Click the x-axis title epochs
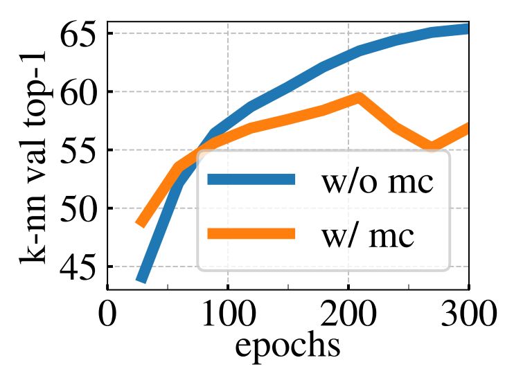click(287, 345)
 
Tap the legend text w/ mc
click(367, 235)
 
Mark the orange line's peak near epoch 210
click(358, 96)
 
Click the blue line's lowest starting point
click(141, 280)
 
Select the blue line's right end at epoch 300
click(467, 28)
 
